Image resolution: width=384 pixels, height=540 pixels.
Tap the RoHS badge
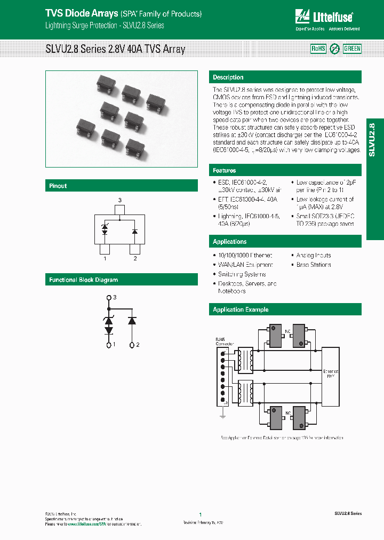[x=318, y=49]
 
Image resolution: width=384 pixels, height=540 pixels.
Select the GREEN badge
[x=352, y=49]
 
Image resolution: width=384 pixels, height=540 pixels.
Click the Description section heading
[x=228, y=77]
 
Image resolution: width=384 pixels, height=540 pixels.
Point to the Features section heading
[x=225, y=170]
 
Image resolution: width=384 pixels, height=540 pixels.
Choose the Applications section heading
[x=230, y=242]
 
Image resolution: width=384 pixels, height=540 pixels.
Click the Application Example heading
[x=241, y=309]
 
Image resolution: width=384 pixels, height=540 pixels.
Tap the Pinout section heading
[x=58, y=186]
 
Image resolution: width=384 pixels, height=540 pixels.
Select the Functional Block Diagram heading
[x=83, y=280]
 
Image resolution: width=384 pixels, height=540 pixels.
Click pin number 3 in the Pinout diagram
[x=120, y=200]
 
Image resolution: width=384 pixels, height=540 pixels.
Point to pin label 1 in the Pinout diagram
[x=105, y=259]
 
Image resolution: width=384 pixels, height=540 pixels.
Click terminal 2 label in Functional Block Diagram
[x=138, y=345]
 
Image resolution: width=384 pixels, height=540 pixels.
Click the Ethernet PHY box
[x=331, y=374]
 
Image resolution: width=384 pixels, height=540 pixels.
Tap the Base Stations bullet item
[x=314, y=265]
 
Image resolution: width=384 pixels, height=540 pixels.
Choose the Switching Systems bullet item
[x=238, y=274]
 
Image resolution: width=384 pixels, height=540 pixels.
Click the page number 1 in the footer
[x=200, y=514]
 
